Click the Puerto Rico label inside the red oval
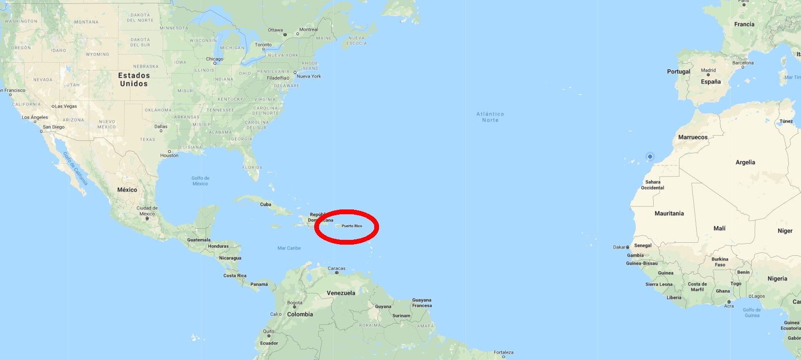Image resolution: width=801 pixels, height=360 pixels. coord(351,226)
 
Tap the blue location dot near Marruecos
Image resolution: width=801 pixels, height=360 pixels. coord(650,156)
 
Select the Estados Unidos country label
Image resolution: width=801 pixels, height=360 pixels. coord(134,79)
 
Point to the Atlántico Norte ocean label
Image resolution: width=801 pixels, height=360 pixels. coord(490,117)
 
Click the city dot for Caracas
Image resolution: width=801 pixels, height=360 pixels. coord(337,273)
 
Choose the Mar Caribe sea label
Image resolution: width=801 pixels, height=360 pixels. coord(289,248)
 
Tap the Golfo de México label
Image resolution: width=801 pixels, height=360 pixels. coord(200,180)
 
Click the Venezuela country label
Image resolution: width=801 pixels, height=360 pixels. coord(341,293)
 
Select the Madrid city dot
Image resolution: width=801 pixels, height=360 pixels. coord(708,75)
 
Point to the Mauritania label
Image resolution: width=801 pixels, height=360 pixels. coord(669,213)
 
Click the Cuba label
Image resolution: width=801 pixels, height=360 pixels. coord(266,204)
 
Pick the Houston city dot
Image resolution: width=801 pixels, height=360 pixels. coord(169,152)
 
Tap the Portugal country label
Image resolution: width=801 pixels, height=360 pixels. coord(678,71)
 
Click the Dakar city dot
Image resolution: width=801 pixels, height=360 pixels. coord(628,247)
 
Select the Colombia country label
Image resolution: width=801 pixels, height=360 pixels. coord(300,314)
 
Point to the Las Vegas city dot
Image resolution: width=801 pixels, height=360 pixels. coord(53,106)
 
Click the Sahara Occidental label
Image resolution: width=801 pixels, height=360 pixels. coord(652,185)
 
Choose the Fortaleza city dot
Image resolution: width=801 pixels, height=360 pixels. coord(503,357)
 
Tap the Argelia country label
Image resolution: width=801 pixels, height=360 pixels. coord(745,162)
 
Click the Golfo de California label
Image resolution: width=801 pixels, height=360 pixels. coord(75,168)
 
